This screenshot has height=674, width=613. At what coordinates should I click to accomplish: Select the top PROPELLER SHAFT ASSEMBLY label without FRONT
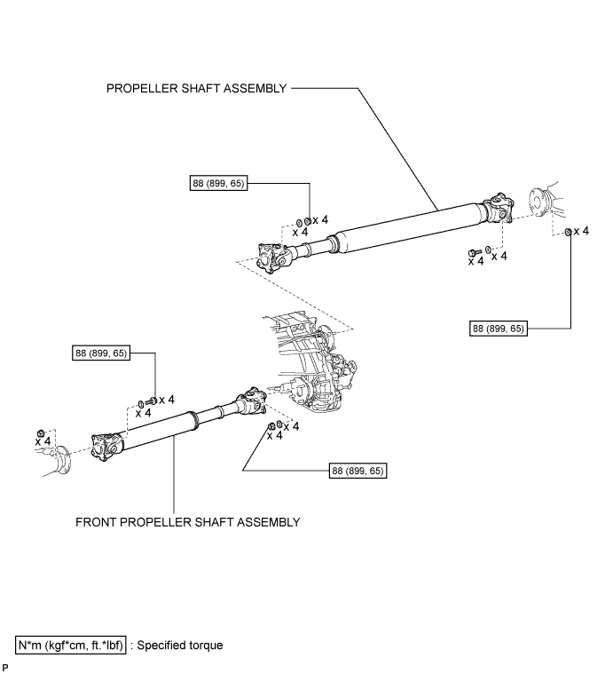[x=196, y=88]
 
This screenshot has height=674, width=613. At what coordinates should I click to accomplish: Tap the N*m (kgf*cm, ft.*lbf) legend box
[x=71, y=646]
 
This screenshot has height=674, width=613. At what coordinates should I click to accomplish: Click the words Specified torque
[x=180, y=646]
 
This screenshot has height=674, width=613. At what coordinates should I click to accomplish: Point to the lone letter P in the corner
[x=5, y=668]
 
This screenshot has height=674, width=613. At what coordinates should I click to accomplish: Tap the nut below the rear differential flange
[x=568, y=232]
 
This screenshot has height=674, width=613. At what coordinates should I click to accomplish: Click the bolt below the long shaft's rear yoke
[x=475, y=253]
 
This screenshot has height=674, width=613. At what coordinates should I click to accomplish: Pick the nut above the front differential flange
[x=41, y=433]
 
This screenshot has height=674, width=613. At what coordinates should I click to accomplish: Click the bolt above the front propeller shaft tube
[x=152, y=400]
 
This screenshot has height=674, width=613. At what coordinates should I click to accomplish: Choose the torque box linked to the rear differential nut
[x=499, y=329]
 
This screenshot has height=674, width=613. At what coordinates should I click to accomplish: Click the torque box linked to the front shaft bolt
[x=101, y=353]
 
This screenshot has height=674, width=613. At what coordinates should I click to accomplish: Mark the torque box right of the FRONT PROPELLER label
[x=358, y=471]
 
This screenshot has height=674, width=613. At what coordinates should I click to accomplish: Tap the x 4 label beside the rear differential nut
[x=581, y=231]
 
